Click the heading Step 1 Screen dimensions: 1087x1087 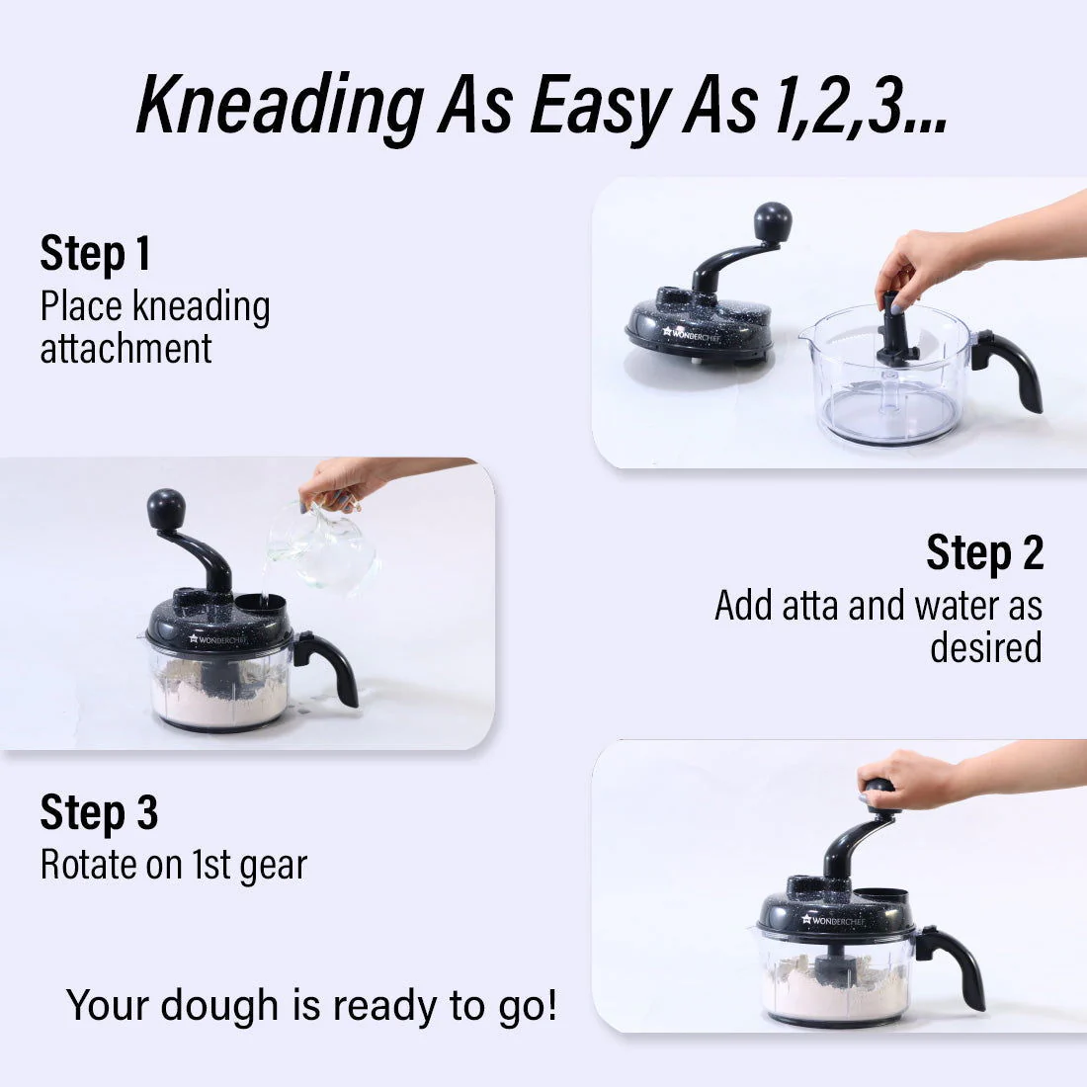(x=95, y=253)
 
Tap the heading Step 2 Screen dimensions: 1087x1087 (x=984, y=552)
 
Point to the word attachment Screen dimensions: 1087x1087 (x=126, y=349)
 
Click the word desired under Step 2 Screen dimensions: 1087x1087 (x=986, y=647)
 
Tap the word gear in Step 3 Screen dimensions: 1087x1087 (x=273, y=866)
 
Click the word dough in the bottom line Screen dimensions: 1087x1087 (x=219, y=1005)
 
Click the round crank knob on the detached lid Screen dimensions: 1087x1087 (x=773, y=221)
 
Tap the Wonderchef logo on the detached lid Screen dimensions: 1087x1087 (x=691, y=334)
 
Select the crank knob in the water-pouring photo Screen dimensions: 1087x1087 (x=166, y=510)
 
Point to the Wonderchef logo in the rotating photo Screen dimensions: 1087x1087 (x=833, y=920)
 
